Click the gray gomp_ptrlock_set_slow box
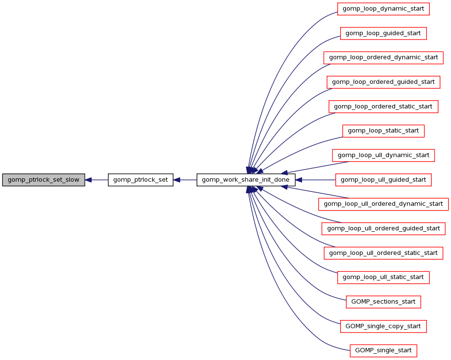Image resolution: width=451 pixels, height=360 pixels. (43, 180)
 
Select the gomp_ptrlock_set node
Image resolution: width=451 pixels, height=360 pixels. (140, 180)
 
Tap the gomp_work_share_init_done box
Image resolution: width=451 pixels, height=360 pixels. (246, 180)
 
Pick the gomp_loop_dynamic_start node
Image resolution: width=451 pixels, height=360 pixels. (383, 9)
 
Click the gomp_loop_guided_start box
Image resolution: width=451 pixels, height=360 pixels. (383, 33)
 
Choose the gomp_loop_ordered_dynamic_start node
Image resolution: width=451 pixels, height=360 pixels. (383, 57)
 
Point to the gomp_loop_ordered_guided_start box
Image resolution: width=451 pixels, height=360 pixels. (383, 82)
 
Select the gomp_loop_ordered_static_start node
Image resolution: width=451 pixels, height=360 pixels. (383, 107)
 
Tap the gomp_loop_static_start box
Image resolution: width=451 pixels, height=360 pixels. (383, 131)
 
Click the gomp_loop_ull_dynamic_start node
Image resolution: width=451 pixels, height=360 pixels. (383, 155)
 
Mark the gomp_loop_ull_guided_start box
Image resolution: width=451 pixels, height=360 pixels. (383, 180)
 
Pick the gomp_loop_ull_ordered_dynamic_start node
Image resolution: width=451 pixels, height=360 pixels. (383, 204)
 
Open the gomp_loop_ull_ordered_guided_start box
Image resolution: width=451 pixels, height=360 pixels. (383, 228)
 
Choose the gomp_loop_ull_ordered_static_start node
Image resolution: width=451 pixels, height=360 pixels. (383, 253)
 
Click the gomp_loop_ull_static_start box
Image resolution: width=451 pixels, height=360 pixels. (383, 277)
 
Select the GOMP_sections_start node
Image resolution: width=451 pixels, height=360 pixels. (383, 302)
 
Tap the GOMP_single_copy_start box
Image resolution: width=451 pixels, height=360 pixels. (383, 326)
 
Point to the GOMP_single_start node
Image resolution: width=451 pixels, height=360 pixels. (383, 350)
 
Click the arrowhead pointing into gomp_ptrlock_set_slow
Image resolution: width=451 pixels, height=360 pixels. (89, 180)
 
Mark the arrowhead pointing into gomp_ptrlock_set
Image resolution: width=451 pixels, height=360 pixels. (177, 180)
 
